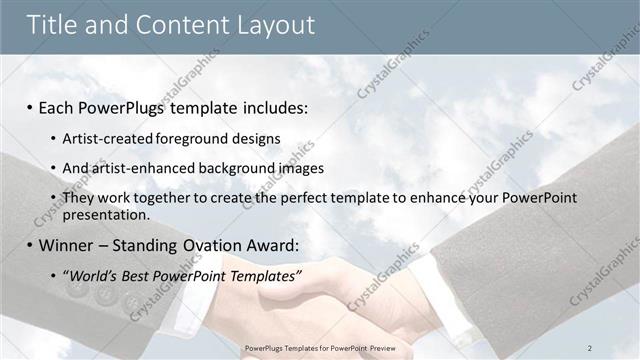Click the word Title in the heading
[x=53, y=25]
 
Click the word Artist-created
[x=102, y=138]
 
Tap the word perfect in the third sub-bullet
[x=271, y=198]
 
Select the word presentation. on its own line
[x=105, y=214]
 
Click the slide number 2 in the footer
[x=590, y=347]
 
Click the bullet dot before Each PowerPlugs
[x=30, y=107]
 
